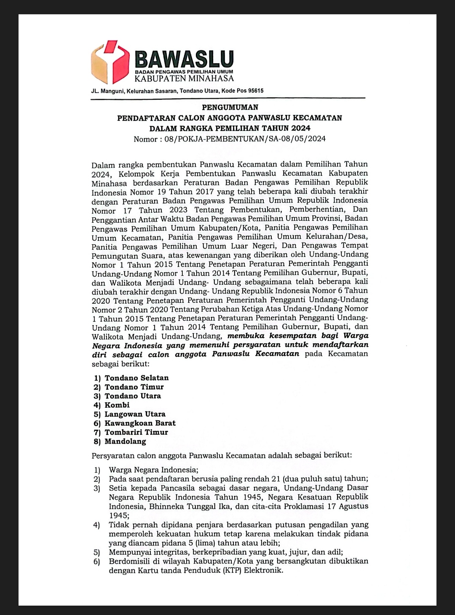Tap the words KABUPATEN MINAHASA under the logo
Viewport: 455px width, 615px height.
click(184, 78)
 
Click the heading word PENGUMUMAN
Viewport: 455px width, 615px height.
click(230, 107)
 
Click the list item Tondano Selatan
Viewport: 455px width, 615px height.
click(136, 378)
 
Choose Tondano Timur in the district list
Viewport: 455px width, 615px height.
click(134, 387)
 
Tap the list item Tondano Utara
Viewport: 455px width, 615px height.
click(133, 396)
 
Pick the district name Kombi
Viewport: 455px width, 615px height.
click(117, 405)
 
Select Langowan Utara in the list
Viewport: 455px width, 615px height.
click(135, 414)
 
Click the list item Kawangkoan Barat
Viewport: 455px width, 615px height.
click(140, 423)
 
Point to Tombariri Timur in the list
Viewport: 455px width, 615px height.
click(136, 432)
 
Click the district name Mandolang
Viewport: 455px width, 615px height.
click(125, 441)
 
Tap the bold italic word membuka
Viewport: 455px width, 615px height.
click(243, 336)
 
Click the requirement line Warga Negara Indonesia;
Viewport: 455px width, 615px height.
click(153, 470)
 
